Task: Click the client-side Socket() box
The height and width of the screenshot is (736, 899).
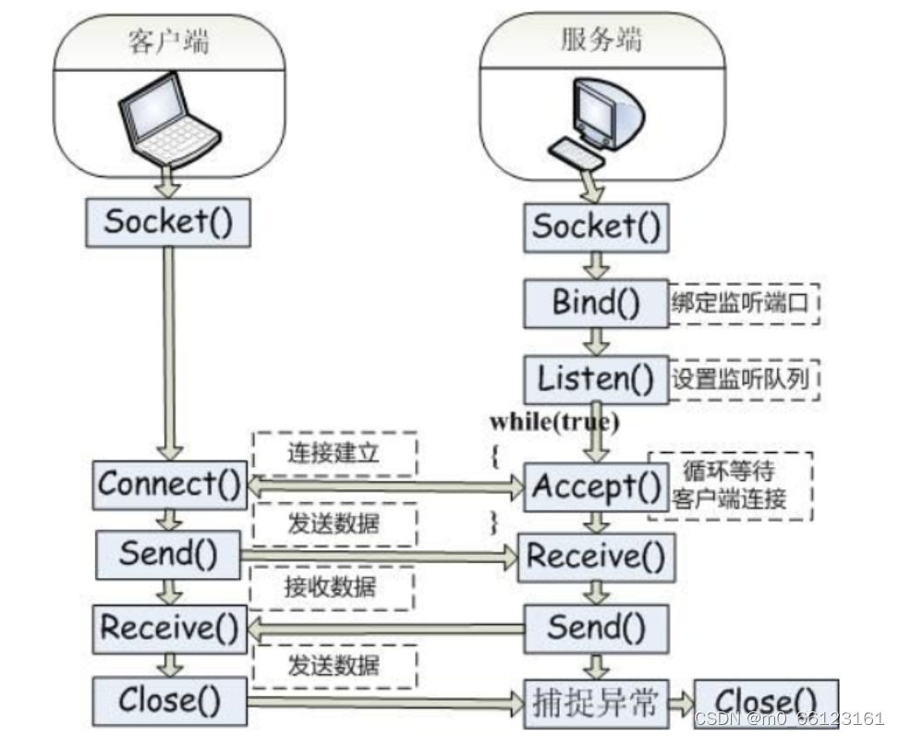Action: pos(167,223)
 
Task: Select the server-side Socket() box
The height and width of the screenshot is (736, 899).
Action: pos(597,227)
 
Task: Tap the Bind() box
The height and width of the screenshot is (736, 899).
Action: pos(596,302)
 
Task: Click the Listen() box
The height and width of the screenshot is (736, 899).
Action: pos(596,378)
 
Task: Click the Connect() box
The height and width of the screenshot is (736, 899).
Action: pos(169,484)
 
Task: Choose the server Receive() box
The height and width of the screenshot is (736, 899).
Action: pos(596,557)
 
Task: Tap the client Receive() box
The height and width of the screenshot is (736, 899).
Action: pos(169,628)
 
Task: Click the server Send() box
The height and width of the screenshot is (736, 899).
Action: pos(596,628)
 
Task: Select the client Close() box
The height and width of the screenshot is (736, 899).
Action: pos(170,701)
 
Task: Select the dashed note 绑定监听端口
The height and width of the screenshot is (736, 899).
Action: pos(744,303)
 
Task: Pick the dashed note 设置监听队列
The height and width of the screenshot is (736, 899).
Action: pos(744,378)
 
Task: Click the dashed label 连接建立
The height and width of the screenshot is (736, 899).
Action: pos(334,453)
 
